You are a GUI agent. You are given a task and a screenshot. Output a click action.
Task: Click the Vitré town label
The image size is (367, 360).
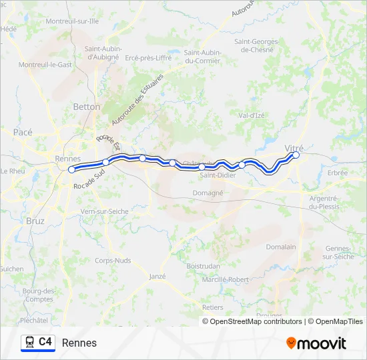(x=294, y=147)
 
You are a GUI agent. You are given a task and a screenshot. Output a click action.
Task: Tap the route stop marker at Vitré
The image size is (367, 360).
(x=296, y=155)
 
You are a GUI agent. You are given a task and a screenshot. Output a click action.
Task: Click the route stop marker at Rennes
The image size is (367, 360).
(x=71, y=169)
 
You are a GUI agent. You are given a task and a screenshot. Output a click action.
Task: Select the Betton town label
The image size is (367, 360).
(x=87, y=107)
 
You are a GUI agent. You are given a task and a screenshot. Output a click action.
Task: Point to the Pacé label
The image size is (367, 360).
(x=23, y=132)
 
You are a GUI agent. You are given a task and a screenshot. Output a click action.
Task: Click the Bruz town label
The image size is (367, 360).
(x=35, y=221)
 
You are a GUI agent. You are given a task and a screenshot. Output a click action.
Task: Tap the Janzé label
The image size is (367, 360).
(x=157, y=276)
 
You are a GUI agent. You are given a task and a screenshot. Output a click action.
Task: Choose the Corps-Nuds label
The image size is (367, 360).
(x=113, y=261)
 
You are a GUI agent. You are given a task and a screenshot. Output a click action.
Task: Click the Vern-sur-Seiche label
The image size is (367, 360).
(x=104, y=211)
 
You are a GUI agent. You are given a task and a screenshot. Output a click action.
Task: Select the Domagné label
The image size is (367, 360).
(x=208, y=193)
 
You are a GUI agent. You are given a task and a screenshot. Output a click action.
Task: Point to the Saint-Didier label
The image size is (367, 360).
(x=217, y=176)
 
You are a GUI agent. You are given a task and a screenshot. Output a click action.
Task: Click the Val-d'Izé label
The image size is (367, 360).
(x=252, y=115)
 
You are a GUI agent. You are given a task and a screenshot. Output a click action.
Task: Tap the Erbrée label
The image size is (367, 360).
(x=338, y=172)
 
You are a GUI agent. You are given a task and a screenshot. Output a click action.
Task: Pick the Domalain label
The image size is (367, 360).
(x=281, y=246)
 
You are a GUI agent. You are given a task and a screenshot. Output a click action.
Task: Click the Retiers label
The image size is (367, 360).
(x=212, y=307)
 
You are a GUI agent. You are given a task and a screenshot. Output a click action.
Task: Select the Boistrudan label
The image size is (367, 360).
(x=204, y=265)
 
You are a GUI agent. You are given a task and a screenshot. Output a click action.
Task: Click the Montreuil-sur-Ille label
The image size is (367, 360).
(x=72, y=21)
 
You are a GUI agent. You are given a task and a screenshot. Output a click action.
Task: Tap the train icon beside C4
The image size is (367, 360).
(x=30, y=342)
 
